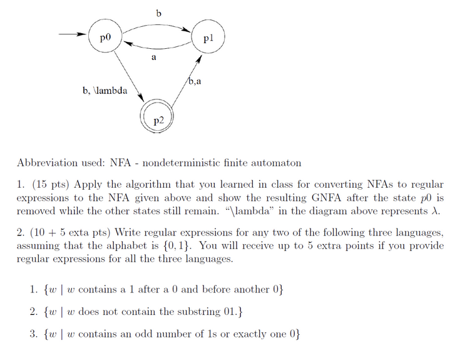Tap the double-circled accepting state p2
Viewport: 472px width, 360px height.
point(157,116)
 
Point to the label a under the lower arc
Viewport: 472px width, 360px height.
point(153,58)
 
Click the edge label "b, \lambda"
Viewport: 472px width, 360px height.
point(105,91)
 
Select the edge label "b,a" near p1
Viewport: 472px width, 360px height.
point(195,81)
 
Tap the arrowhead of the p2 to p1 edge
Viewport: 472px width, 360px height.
point(200,59)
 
